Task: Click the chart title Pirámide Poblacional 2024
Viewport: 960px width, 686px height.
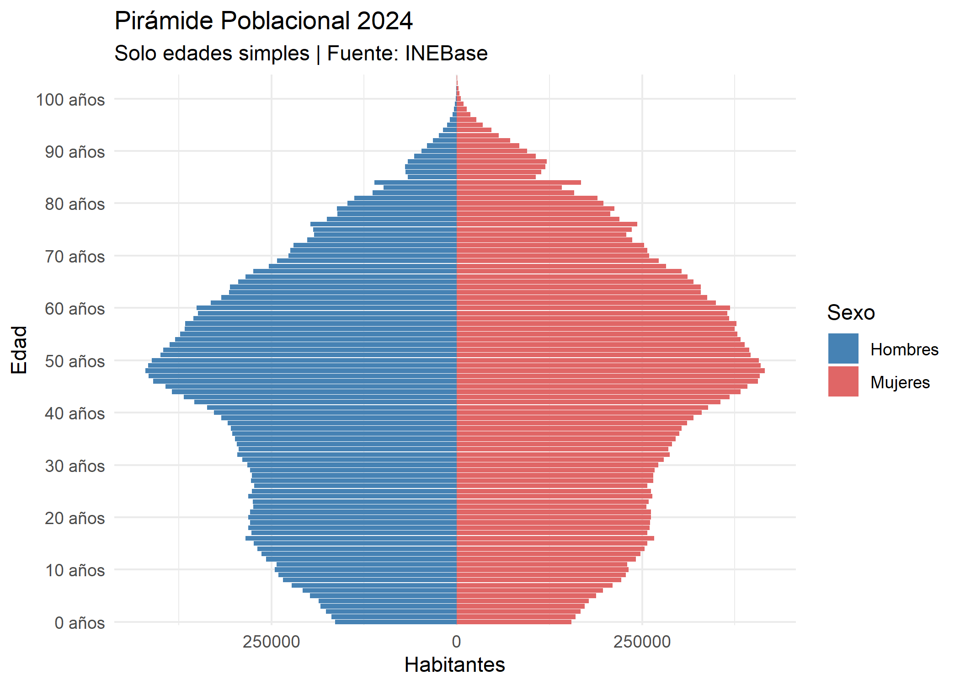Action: pos(263,21)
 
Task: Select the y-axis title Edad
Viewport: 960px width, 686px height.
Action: pos(19,350)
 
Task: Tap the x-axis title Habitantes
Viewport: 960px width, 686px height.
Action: pos(454,665)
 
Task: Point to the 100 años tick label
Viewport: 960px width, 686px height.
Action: pos(70,100)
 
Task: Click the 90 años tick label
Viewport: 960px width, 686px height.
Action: pos(75,152)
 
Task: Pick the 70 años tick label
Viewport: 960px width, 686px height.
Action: pos(75,257)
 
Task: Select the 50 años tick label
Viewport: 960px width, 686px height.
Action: pos(75,361)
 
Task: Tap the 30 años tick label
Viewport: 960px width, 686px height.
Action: pos(75,466)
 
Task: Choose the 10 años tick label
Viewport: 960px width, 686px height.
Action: pos(75,570)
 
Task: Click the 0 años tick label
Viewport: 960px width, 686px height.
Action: pos(80,623)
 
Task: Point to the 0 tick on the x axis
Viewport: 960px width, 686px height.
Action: pos(456,642)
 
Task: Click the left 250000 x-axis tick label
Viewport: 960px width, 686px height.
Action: pos(271,642)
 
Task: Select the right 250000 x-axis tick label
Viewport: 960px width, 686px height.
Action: pos(642,642)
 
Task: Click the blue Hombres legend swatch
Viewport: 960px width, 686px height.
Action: pos(843,348)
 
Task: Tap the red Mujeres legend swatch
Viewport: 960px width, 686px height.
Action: pos(843,381)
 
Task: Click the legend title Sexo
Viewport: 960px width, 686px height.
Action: pos(851,313)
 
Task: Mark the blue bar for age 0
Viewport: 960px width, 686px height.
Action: pos(395,622)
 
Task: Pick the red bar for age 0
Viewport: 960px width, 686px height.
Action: pos(514,622)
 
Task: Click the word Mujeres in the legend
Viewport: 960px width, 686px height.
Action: pos(900,382)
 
